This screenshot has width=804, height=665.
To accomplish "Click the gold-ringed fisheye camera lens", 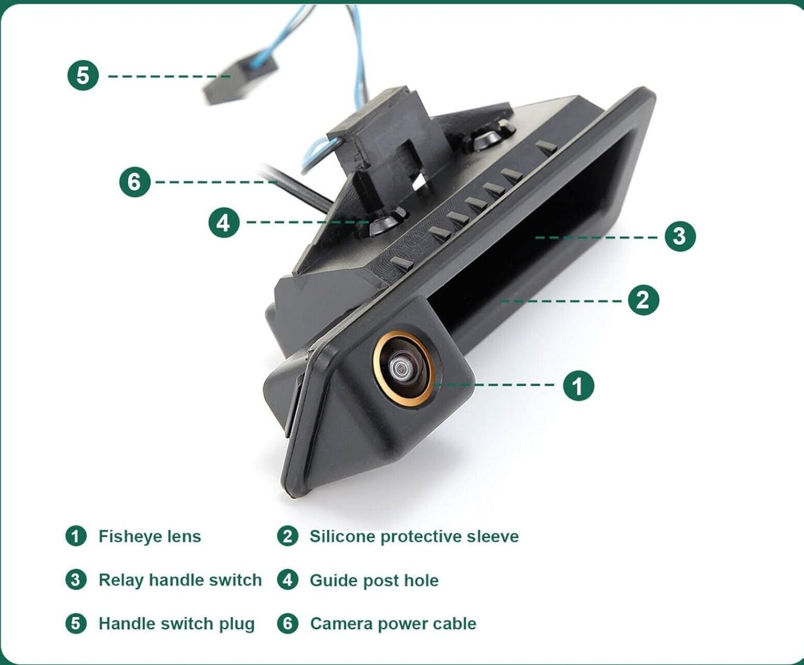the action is coord(403,368).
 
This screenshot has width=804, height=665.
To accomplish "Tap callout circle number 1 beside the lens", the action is coord(578,386).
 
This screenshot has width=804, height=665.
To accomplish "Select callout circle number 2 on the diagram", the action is coord(643,299).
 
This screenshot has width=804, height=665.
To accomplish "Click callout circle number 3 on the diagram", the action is coord(680,235).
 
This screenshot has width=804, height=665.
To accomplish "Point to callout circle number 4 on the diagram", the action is coord(224,223).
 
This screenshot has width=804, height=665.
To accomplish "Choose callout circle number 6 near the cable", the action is coord(135,182).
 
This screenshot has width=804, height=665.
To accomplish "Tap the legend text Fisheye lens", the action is coord(150,536).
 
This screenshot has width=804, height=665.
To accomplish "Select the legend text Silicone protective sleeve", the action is coord(414,536).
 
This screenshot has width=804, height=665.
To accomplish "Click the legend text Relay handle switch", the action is coord(180,580).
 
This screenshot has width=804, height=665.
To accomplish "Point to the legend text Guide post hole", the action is coord(374,580).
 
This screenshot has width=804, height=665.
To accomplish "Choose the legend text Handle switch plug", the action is coord(177,623).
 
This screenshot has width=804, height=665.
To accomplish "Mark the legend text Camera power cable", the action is coord(393,623).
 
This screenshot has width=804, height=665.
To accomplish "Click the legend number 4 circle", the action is coord(288,579).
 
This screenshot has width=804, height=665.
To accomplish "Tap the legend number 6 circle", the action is coord(288,623).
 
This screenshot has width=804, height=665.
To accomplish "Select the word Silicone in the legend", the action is coord(342,536).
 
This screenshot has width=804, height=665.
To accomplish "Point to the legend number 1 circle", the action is coord(76,536).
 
